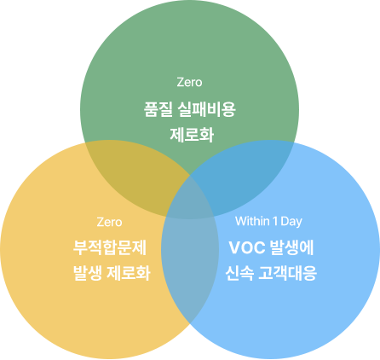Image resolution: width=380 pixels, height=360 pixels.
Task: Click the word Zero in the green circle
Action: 189,82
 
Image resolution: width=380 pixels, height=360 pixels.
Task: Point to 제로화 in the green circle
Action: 192,135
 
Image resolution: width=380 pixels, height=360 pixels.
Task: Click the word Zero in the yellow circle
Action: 109,222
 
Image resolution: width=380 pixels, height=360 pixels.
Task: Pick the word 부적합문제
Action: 110,247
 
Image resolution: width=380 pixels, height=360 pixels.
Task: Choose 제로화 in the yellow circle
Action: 129,273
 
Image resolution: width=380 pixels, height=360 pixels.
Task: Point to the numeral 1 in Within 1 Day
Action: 275,221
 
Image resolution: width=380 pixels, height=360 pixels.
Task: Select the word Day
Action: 291,222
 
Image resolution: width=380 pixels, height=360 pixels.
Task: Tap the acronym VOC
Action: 247,247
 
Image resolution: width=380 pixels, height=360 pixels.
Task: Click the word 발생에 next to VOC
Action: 292,247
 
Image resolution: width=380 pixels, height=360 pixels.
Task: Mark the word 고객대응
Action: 288,273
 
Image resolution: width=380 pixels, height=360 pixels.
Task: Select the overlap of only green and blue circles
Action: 245,173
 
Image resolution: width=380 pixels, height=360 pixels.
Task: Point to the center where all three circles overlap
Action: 190,199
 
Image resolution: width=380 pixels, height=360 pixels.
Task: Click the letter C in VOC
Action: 259,247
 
